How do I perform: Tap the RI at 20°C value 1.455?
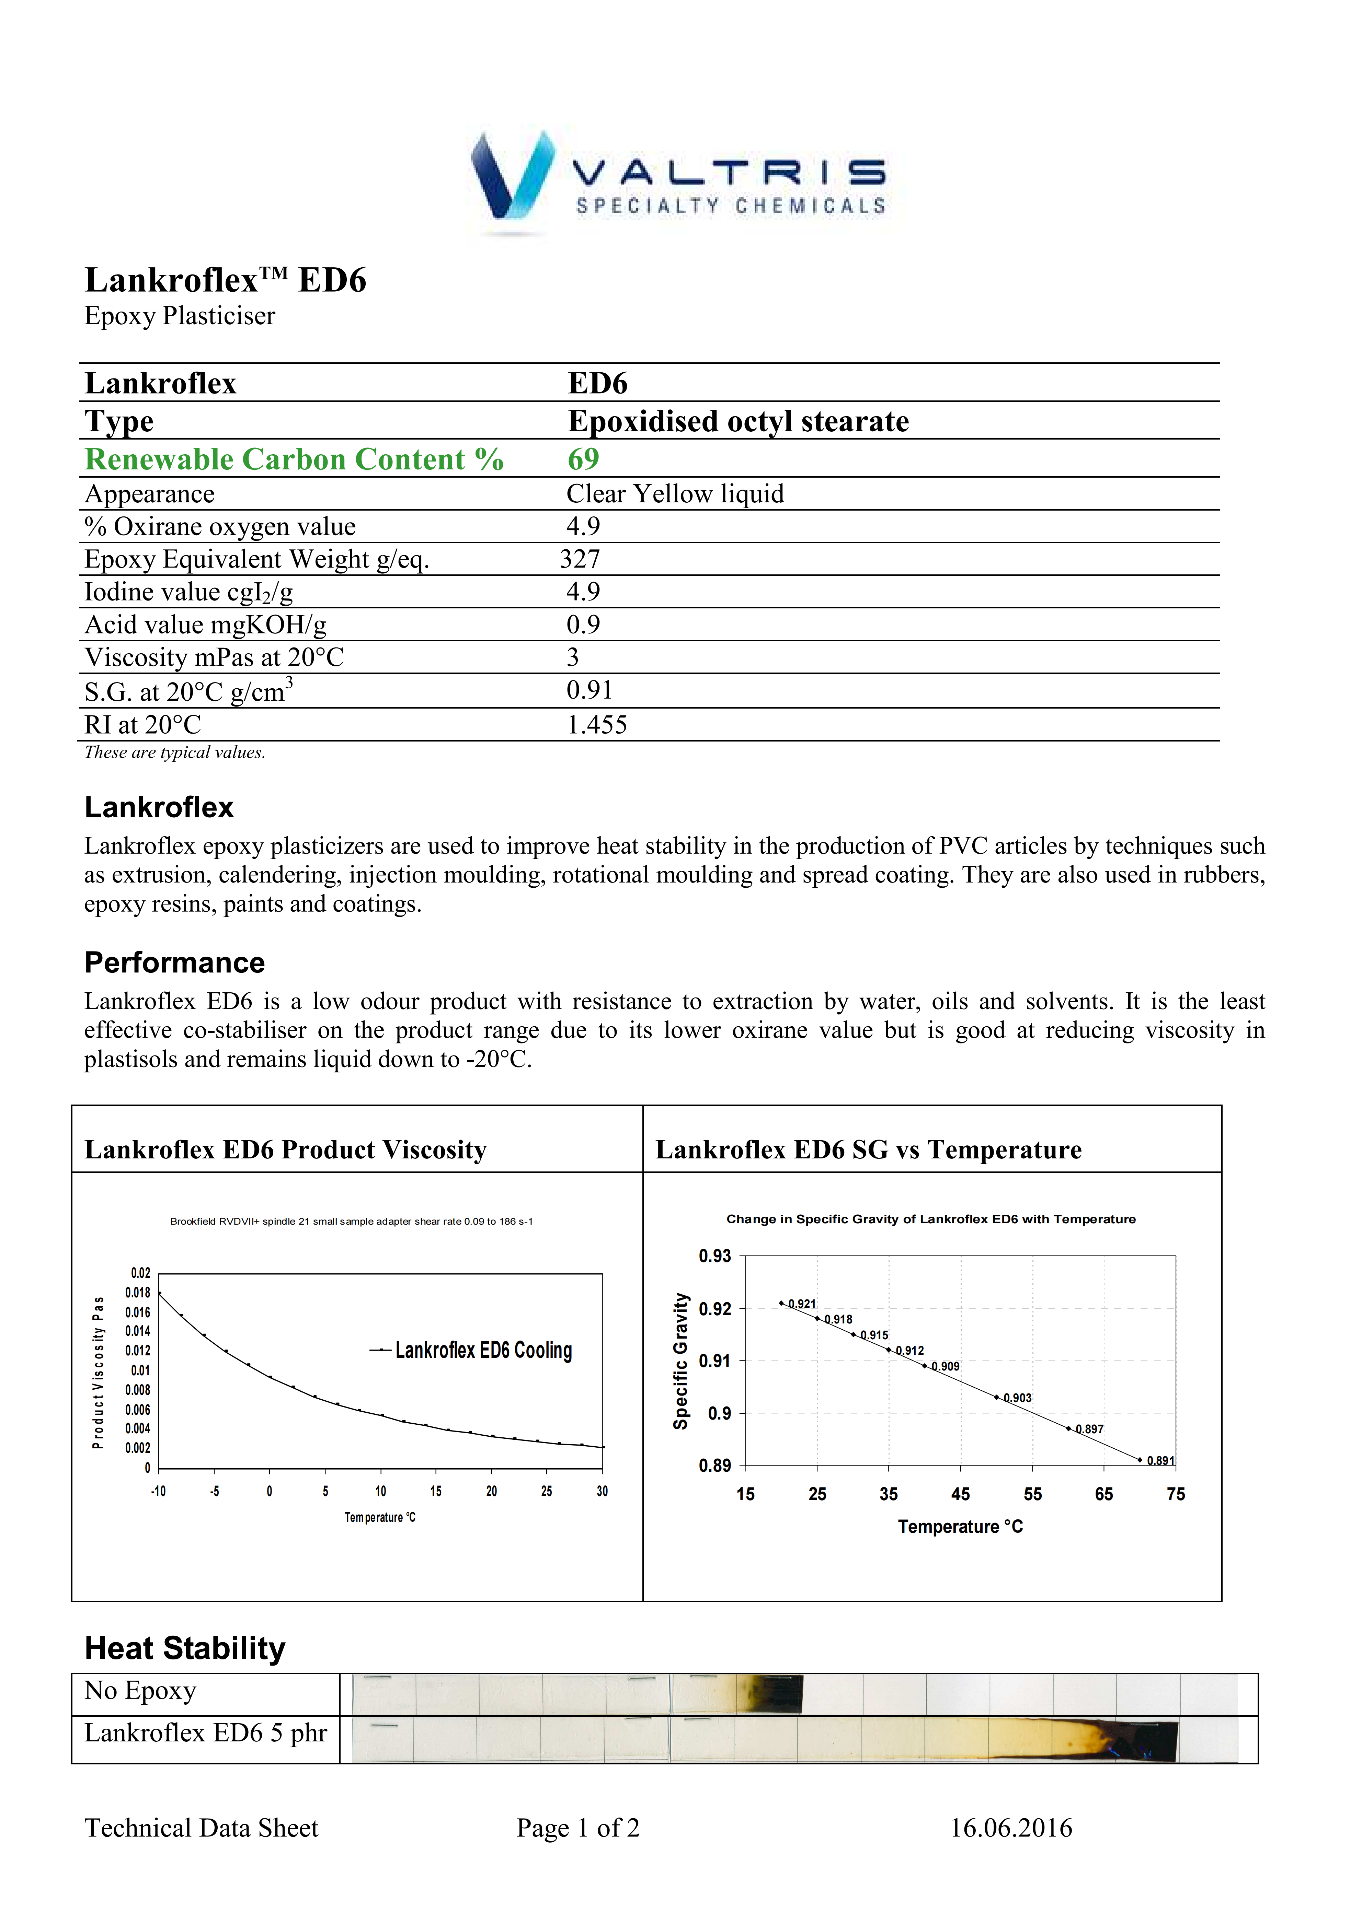pyautogui.click(x=597, y=725)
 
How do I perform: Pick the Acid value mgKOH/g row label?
pyautogui.click(x=206, y=625)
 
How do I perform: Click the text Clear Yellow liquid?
pyautogui.click(x=675, y=494)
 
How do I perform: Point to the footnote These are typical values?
pyautogui.click(x=174, y=752)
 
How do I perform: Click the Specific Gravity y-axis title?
pyautogui.click(x=680, y=1361)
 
